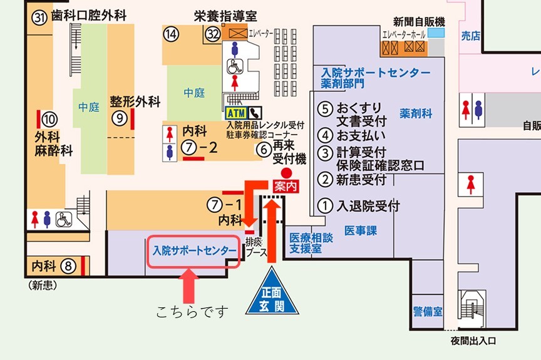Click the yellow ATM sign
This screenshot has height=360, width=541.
236,113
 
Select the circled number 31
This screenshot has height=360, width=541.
41,17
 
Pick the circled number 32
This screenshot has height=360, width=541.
213,33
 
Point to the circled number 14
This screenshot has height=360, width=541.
171,34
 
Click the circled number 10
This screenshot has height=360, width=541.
49,118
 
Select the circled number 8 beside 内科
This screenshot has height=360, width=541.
69,266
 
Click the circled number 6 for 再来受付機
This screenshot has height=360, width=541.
263,150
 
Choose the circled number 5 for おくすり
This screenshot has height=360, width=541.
324,108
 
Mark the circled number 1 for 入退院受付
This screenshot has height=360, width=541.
324,205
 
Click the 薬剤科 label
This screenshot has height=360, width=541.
416,114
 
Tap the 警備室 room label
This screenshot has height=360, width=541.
428,312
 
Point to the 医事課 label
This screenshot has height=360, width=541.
361,231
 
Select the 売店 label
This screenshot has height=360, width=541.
470,36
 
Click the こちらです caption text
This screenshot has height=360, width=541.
192,311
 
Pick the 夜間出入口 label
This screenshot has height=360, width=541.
473,341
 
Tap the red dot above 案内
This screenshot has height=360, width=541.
286,172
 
